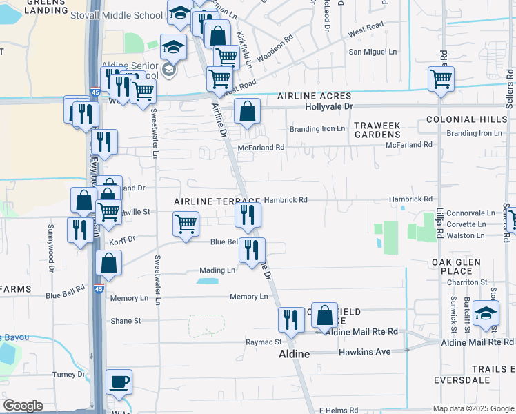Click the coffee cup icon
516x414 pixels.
[x=119, y=382]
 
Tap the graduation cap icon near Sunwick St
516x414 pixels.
[x=486, y=313]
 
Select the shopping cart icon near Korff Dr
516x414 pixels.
[x=186, y=224]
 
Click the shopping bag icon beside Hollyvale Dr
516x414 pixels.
[x=246, y=110]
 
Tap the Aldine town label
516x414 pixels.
[x=294, y=353]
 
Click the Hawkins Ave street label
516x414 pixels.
[x=365, y=352]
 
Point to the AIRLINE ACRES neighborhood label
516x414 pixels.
[x=315, y=96]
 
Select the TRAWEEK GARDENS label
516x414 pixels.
[x=377, y=130]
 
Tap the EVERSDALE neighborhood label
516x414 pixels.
[x=462, y=380]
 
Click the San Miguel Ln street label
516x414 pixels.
[x=373, y=52]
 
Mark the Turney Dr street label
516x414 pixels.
[x=69, y=375]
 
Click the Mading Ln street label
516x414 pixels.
[x=217, y=270]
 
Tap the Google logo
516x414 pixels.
[x=23, y=406]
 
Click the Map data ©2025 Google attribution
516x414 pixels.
[x=473, y=408]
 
